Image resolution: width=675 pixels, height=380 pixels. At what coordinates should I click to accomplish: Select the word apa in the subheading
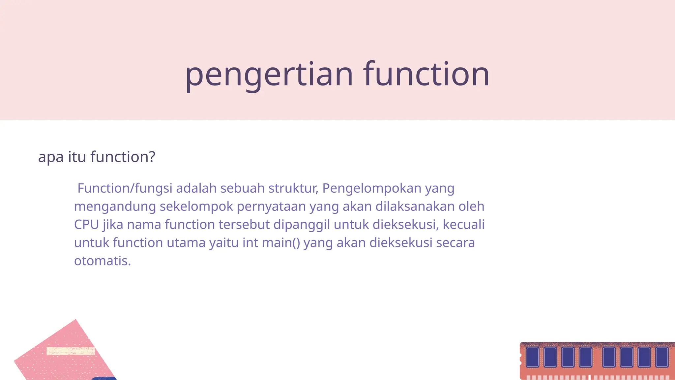pyautogui.click(x=51, y=157)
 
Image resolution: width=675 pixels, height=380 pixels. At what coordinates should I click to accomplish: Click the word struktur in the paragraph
pyautogui.click(x=293, y=188)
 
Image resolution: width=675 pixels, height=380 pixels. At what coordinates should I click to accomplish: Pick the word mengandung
pyautogui.click(x=115, y=207)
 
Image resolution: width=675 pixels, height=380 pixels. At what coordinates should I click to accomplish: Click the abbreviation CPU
pyautogui.click(x=86, y=225)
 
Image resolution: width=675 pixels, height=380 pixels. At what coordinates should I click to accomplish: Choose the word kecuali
pyautogui.click(x=463, y=224)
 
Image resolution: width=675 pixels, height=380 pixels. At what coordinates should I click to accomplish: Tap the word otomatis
pyautogui.click(x=102, y=261)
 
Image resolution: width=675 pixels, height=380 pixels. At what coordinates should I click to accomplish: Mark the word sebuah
pyautogui.click(x=242, y=188)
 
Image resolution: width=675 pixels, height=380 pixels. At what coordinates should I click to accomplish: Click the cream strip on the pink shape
pyautogui.click(x=71, y=351)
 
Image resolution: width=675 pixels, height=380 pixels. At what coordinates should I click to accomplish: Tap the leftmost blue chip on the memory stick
pyautogui.click(x=532, y=357)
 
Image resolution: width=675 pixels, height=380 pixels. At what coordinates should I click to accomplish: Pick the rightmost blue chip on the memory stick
pyautogui.click(x=662, y=357)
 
